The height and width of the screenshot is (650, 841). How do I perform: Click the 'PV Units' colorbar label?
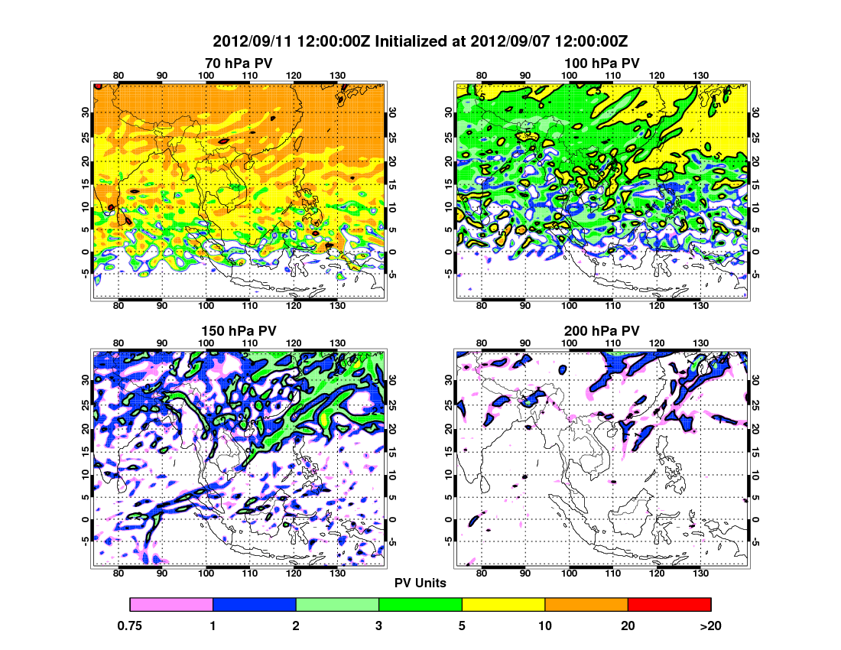click(420, 583)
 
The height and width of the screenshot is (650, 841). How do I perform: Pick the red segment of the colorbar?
click(669, 604)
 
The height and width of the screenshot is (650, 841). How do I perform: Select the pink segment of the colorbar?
click(171, 604)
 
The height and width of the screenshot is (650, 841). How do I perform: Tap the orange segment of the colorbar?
click(586, 604)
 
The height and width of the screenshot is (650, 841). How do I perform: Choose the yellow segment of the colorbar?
click(503, 604)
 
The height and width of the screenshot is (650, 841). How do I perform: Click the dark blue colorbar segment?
click(254, 604)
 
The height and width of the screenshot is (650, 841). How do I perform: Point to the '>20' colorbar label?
click(710, 626)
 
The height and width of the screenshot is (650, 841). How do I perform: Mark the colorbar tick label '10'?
click(544, 626)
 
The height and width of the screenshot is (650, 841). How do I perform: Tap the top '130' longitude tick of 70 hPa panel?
click(336, 74)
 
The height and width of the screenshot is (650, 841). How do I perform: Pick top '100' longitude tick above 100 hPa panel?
click(569, 74)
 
